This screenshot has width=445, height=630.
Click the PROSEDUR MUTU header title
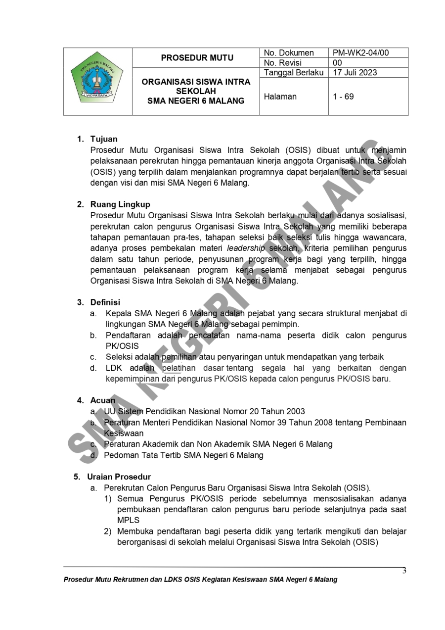click(x=197, y=58)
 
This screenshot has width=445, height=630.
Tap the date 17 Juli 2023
click(x=355, y=72)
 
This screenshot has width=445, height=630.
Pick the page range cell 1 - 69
click(x=343, y=97)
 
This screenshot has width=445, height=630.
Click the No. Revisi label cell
click(x=283, y=63)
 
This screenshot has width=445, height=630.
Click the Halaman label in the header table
click(x=280, y=97)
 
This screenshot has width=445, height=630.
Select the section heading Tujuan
click(x=104, y=139)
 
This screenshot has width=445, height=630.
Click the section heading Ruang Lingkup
click(x=120, y=204)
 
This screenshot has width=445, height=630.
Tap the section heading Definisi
click(x=105, y=302)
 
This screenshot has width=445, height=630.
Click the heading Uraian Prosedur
click(x=119, y=477)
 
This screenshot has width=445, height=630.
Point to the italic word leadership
click(x=246, y=248)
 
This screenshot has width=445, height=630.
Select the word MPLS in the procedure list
click(x=128, y=521)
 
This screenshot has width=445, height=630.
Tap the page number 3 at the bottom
click(x=404, y=571)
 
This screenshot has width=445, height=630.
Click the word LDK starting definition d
click(x=114, y=368)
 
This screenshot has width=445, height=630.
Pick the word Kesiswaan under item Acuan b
click(x=124, y=434)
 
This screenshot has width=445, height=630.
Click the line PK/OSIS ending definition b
click(x=122, y=346)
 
